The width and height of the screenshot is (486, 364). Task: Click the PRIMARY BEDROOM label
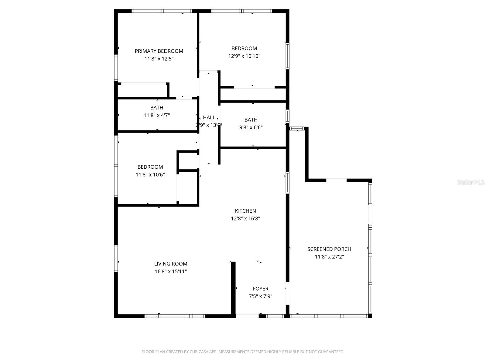click(x=159, y=51)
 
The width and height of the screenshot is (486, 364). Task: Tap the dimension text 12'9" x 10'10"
click(x=244, y=56)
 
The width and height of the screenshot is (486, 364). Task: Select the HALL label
click(x=209, y=117)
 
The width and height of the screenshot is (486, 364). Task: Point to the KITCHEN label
click(x=245, y=211)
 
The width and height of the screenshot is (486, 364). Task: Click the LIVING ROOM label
click(x=171, y=264)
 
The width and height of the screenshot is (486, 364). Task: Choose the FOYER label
click(x=261, y=289)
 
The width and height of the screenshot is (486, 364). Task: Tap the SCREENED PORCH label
click(x=329, y=249)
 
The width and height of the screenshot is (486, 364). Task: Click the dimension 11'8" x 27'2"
click(x=329, y=257)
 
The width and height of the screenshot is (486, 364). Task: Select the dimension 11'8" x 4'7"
click(x=157, y=115)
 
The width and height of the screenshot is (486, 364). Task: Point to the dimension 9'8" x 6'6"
click(x=251, y=127)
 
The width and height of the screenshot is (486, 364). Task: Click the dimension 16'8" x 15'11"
click(x=171, y=271)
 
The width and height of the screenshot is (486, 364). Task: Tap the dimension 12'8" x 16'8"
click(x=245, y=218)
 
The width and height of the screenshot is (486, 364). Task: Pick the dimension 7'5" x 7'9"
click(x=261, y=296)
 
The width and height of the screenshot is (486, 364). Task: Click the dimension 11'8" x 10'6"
click(x=150, y=175)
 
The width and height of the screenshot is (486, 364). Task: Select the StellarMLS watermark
click(x=471, y=182)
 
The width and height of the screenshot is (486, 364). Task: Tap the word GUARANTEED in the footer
click(x=331, y=352)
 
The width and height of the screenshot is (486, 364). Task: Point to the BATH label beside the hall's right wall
click(x=251, y=120)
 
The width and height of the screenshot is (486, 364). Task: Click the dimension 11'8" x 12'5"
click(x=159, y=59)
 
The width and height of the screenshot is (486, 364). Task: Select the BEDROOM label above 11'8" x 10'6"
click(x=150, y=167)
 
